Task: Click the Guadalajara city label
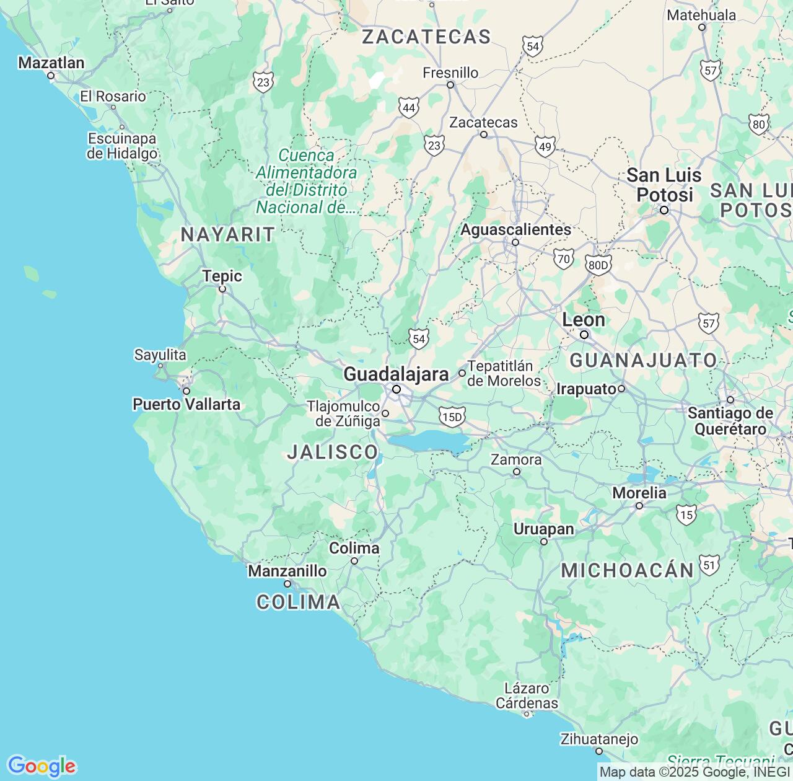pos(396,374)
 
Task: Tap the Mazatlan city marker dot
pos(51,76)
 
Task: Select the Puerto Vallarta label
pos(186,404)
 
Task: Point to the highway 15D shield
pos(452,417)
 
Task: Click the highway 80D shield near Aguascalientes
pos(598,265)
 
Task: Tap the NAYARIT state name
pos(227,235)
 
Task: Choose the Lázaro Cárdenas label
pos(527,695)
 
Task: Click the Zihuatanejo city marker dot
pos(599,751)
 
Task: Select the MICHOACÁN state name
pos(627,571)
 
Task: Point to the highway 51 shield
pos(709,565)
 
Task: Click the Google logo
pos(42,766)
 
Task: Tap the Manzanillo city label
pos(287,571)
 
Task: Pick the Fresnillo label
pos(450,73)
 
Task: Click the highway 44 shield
pos(408,108)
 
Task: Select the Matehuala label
pos(701,15)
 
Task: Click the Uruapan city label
pos(544,529)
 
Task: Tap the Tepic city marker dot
pos(222,289)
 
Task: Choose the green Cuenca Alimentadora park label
pos(307,181)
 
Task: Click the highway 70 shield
pos(564,258)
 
